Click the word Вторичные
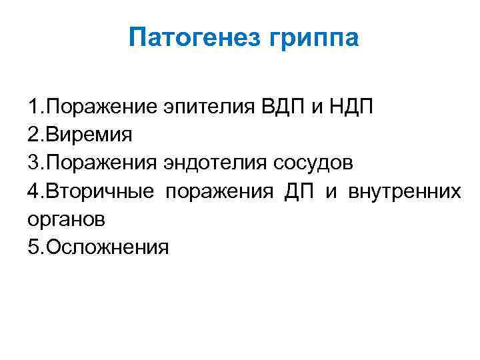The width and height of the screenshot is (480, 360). (101, 192)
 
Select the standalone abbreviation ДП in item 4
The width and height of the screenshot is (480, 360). (298, 192)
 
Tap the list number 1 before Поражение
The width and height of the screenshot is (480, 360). (33, 107)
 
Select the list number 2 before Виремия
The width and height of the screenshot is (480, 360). (33, 135)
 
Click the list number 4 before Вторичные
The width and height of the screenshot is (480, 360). (33, 192)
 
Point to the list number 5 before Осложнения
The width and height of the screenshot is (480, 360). (33, 248)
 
